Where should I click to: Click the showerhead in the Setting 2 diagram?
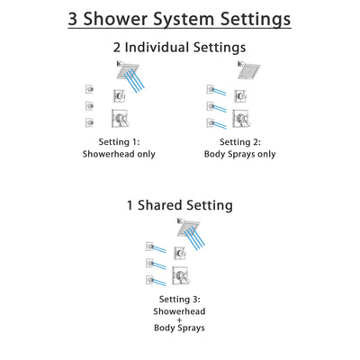(244, 70)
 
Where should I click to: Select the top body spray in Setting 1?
(90, 88)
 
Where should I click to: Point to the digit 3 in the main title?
(76, 18)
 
